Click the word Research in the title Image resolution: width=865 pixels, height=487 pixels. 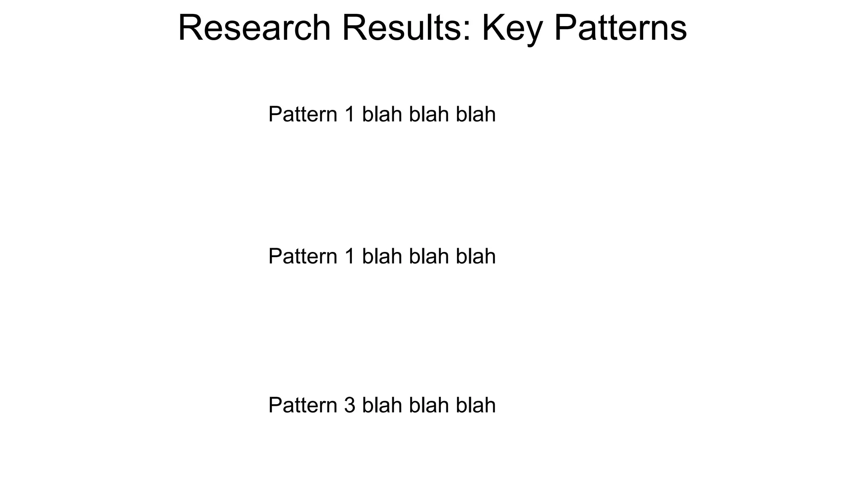pyautogui.click(x=254, y=28)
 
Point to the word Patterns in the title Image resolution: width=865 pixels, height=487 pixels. pyautogui.click(x=620, y=28)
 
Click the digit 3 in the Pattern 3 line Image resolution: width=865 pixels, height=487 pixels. pyautogui.click(x=350, y=405)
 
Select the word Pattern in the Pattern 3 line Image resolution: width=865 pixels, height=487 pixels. pyautogui.click(x=303, y=405)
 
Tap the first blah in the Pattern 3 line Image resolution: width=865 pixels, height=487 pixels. pyautogui.click(x=382, y=405)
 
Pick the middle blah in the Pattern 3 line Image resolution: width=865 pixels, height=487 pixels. pyautogui.click(x=428, y=405)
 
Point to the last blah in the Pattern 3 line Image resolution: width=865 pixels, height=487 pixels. pyautogui.click(x=475, y=405)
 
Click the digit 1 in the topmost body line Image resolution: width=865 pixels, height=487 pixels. pyautogui.click(x=349, y=114)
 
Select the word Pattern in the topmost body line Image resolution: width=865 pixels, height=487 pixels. pyautogui.click(x=303, y=114)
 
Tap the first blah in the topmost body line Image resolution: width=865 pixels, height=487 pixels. pyautogui.click(x=382, y=114)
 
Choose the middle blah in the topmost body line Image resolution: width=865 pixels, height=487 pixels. pyautogui.click(x=428, y=114)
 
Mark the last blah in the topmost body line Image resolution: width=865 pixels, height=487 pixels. pyautogui.click(x=475, y=114)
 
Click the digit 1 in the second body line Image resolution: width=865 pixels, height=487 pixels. pyautogui.click(x=349, y=256)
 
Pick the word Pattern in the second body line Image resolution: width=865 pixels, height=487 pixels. pyautogui.click(x=303, y=256)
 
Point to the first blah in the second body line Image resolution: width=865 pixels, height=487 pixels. pyautogui.click(x=382, y=256)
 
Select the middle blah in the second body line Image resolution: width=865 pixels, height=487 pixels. pyautogui.click(x=428, y=256)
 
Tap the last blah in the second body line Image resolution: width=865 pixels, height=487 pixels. pyautogui.click(x=475, y=256)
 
